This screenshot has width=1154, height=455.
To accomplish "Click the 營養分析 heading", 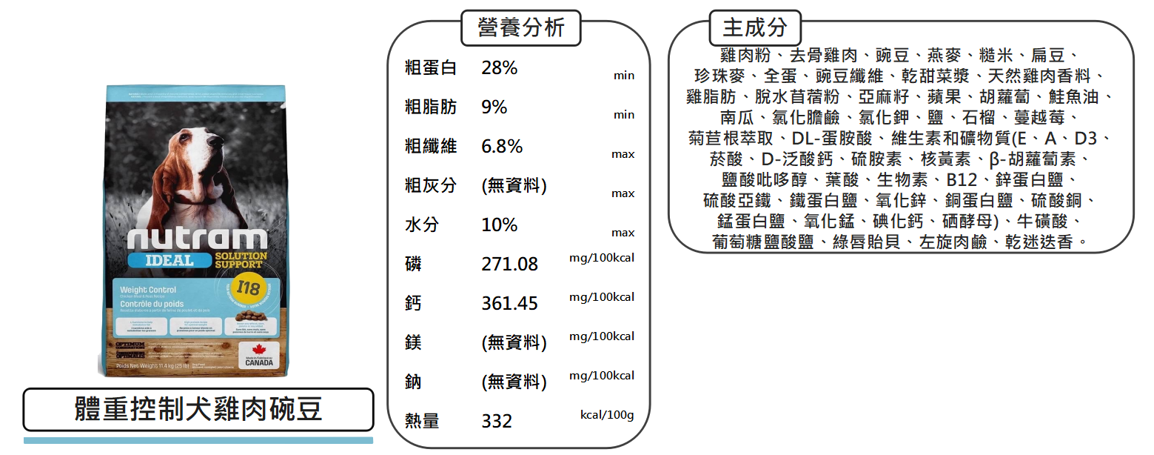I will [x=521, y=28].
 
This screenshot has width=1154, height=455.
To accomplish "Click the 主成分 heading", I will [x=755, y=28].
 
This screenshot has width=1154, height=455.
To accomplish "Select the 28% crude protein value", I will [x=499, y=68].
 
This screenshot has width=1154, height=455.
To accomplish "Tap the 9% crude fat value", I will [x=494, y=107].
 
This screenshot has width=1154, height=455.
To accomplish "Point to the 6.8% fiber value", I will [x=502, y=147].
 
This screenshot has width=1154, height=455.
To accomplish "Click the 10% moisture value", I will [x=499, y=225].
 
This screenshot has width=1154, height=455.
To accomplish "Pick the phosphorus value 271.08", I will [x=509, y=264].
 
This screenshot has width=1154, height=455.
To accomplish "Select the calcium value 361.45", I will [x=509, y=303].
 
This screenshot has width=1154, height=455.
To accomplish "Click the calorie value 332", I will [x=497, y=421].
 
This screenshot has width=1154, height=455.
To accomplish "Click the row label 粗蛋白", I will [x=430, y=68].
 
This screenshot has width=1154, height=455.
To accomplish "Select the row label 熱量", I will [x=421, y=421].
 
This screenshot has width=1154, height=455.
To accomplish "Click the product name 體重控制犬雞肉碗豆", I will [x=198, y=410].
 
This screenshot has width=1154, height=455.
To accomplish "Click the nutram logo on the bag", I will [x=197, y=238].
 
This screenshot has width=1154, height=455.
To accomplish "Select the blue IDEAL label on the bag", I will [x=170, y=260].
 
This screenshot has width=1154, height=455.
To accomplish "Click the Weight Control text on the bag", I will [x=148, y=290].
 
